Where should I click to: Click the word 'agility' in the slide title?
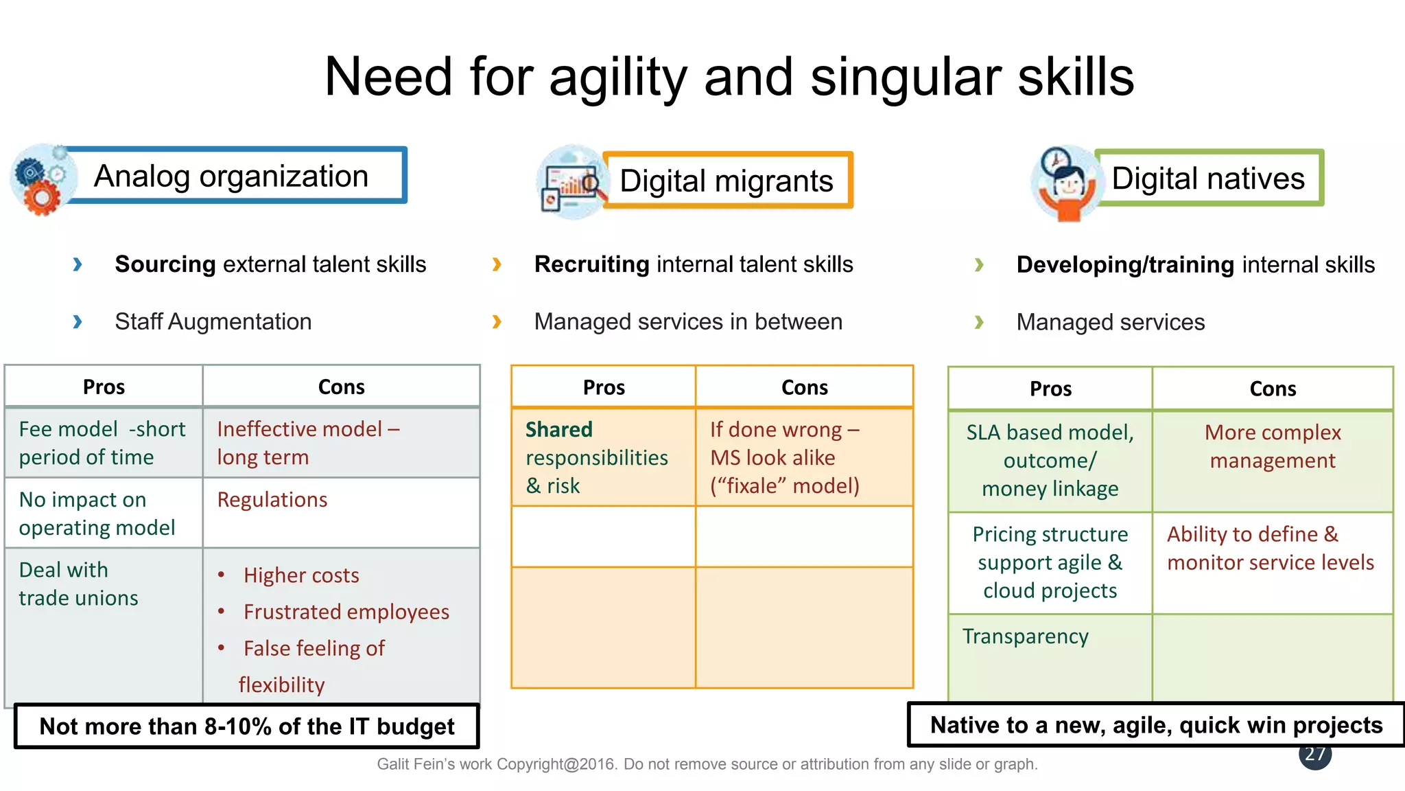point(617,77)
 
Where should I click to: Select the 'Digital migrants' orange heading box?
point(727,181)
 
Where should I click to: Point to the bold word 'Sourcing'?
point(165,264)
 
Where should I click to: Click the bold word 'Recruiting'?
point(591,264)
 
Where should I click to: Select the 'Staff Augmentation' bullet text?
point(213,321)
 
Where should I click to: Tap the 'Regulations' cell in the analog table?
point(272,500)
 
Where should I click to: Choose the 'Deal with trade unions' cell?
point(78,584)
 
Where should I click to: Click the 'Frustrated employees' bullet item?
point(346,612)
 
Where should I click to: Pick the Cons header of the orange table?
point(804,387)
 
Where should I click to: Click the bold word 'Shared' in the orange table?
point(558,430)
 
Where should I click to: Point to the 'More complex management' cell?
point(1272,446)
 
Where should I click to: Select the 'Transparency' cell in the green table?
point(1025,637)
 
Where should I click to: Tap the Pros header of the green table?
point(1050,389)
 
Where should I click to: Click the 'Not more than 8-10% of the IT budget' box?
point(247,726)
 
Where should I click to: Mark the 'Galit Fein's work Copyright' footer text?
point(707,764)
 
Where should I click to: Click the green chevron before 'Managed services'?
point(979,322)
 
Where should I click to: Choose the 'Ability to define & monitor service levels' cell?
point(1271,548)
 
